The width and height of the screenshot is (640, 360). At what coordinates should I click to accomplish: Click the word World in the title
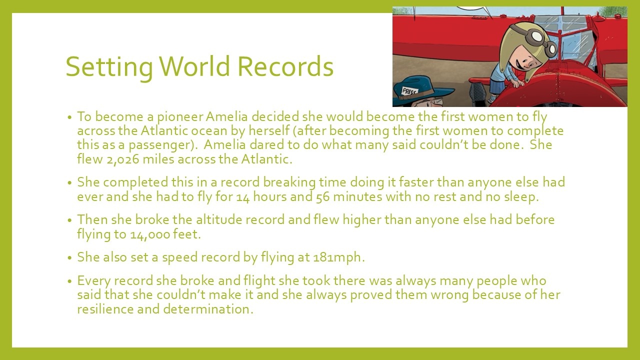tap(194, 66)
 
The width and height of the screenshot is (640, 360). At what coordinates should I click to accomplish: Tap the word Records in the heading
tap(285, 66)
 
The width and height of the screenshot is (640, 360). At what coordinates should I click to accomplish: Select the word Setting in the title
tap(109, 68)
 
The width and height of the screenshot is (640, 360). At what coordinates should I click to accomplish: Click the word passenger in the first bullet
tap(161, 145)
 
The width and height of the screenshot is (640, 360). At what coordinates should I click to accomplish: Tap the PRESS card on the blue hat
tap(409, 91)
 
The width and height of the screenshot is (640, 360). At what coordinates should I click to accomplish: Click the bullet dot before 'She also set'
tap(69, 257)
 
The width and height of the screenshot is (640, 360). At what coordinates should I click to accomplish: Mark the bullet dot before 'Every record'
tap(69, 281)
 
